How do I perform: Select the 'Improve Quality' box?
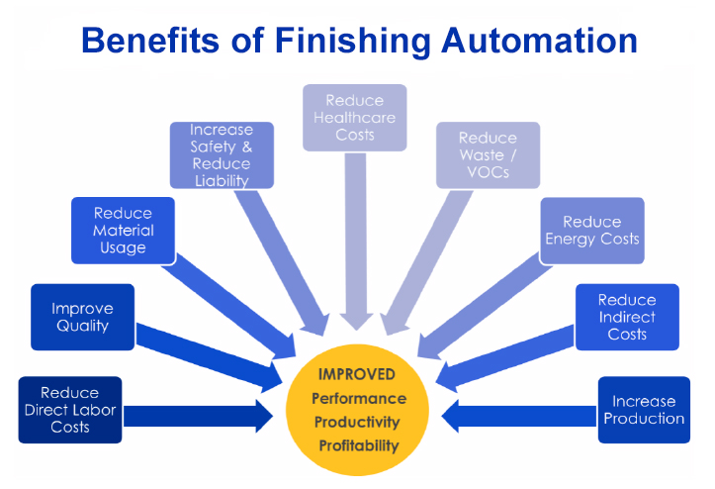(82, 317)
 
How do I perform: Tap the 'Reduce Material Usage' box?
(124, 231)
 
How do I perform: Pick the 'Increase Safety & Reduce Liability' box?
(221, 155)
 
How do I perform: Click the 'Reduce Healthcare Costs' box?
(354, 117)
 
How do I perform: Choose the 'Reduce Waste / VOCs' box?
(488, 154)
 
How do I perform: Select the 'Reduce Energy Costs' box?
(592, 231)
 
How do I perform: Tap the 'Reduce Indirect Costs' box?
(627, 317)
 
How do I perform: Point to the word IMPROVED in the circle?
(357, 374)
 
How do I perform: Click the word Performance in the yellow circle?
(358, 398)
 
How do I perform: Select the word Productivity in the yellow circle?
(358, 422)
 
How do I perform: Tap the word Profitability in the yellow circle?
(358, 445)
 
